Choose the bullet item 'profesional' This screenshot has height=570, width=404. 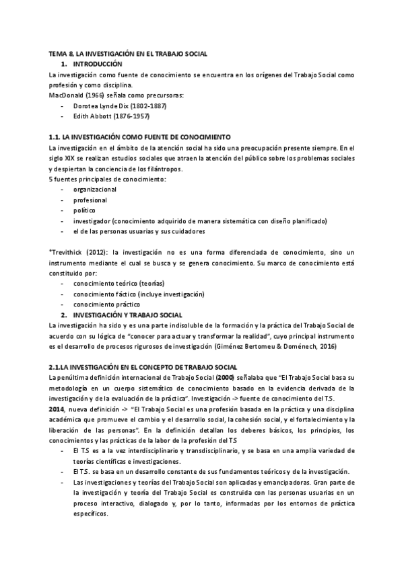coord(90,200)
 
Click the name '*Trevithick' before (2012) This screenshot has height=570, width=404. coord(67,252)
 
